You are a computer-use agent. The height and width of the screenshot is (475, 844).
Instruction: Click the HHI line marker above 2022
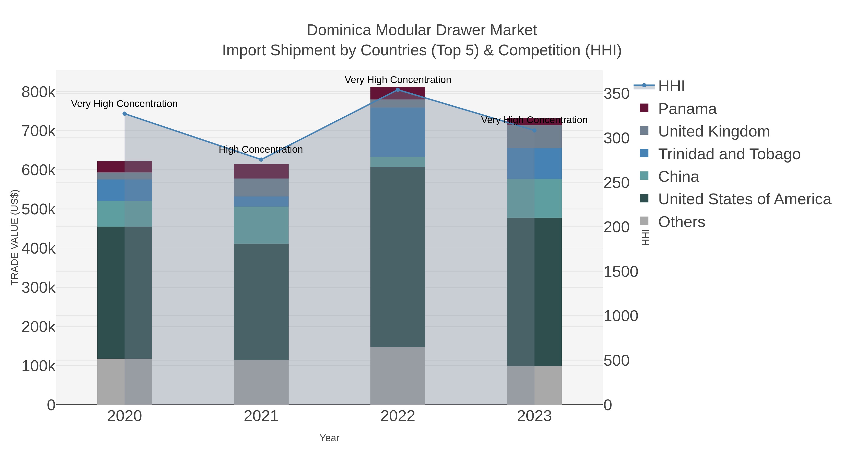398,90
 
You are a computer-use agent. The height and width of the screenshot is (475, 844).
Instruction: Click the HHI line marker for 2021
261,160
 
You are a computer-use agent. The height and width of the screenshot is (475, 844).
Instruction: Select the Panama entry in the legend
687,109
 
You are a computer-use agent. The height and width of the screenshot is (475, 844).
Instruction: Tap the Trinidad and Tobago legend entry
729,154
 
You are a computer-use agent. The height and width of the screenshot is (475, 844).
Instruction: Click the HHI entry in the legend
671,86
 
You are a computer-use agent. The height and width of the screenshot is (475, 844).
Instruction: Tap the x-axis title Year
329,438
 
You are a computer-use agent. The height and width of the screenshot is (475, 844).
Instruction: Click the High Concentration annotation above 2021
261,149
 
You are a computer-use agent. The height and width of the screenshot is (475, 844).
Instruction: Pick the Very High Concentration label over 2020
124,104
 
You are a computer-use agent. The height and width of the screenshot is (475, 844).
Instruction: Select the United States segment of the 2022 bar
398,257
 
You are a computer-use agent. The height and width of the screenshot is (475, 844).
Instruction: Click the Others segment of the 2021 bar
261,382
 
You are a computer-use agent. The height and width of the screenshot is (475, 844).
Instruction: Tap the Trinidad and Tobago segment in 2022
398,132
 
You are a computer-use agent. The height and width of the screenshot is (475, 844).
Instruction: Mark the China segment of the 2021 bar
261,225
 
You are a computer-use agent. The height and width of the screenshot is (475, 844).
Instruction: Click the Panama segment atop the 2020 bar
124,167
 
